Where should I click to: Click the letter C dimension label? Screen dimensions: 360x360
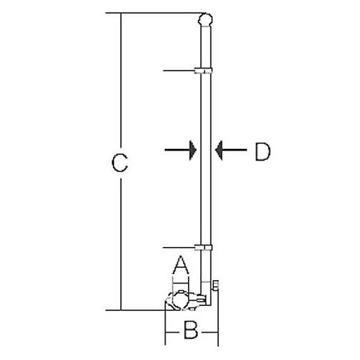120,163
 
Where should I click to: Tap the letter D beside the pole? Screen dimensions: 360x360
263,152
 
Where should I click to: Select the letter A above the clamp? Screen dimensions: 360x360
181,265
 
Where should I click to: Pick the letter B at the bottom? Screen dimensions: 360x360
191,330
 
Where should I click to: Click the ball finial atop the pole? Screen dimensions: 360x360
206,20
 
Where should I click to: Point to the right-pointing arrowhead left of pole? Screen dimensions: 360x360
193,150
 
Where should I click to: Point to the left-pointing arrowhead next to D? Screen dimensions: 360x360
219,150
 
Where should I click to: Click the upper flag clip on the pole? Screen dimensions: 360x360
203,71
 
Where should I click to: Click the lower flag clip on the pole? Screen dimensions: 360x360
203,248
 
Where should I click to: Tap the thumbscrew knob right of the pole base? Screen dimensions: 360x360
216,285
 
